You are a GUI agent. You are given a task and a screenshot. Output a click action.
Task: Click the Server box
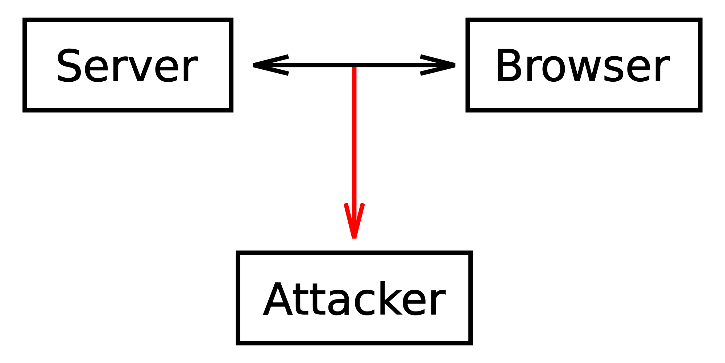(128, 65)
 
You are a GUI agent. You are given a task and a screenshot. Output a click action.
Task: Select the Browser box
(584, 65)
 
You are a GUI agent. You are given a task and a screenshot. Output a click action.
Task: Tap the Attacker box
(354, 297)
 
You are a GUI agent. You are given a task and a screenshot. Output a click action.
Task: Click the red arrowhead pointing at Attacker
(354, 221)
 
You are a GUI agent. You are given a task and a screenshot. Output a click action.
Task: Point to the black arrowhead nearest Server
(270, 65)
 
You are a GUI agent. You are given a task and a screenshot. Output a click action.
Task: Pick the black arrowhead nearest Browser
(438, 65)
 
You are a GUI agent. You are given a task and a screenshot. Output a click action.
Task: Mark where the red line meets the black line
(354, 65)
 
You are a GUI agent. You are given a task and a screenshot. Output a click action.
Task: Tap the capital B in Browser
(508, 66)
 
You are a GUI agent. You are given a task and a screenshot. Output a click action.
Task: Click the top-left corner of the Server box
(24, 20)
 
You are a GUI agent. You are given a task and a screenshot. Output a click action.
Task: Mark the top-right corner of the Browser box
(700, 20)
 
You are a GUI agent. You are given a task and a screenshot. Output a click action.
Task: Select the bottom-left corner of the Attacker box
(237, 343)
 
